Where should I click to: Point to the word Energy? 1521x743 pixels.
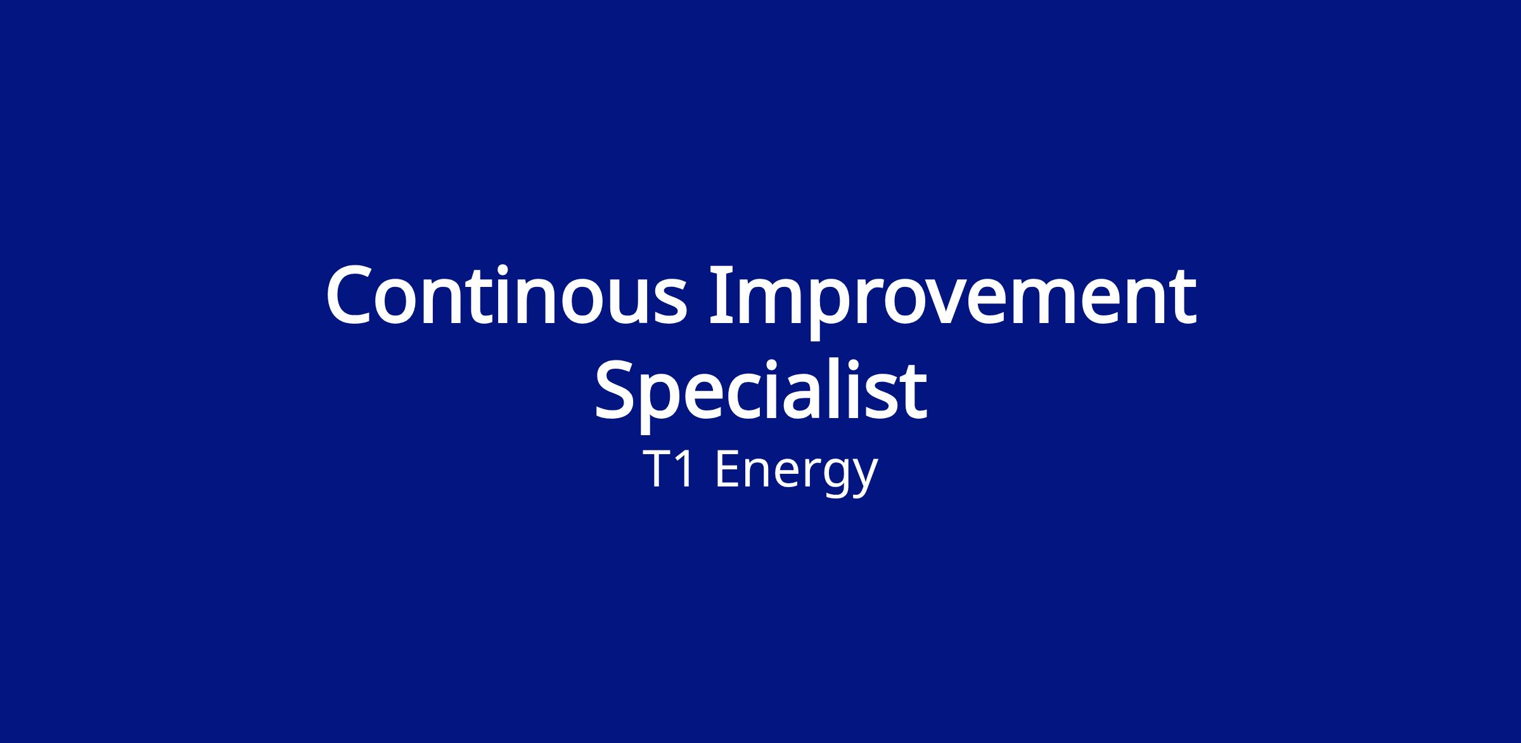(x=796, y=473)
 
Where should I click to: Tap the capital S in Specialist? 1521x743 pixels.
(x=615, y=390)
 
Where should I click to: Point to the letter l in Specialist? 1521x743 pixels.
(x=846, y=388)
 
